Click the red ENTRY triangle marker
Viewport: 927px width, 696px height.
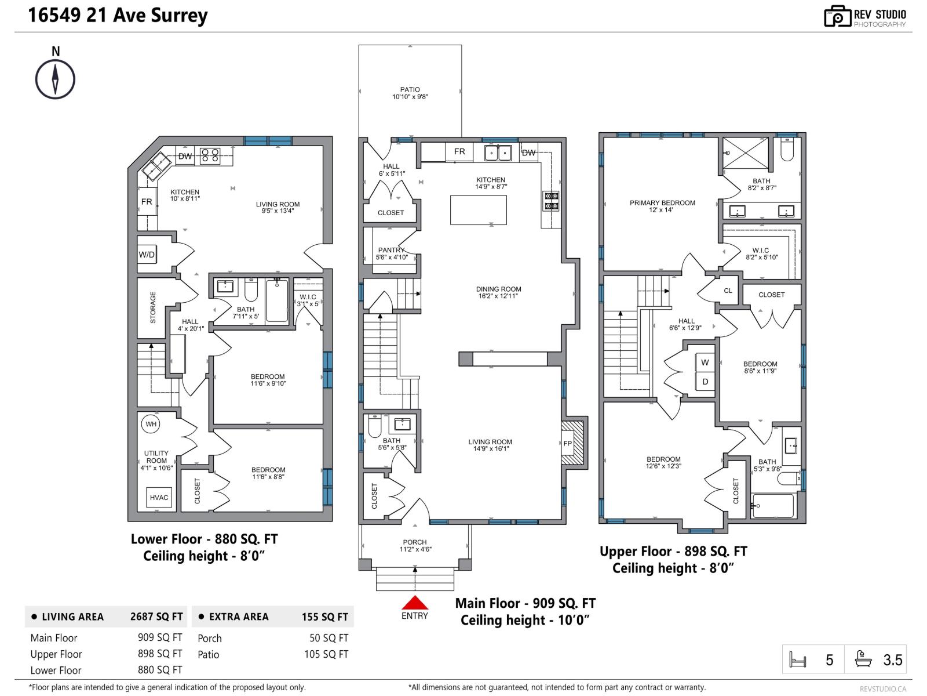point(415,603)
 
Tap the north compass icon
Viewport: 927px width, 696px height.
point(56,79)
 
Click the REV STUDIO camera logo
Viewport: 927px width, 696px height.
point(837,16)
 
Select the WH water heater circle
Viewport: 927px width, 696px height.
point(151,424)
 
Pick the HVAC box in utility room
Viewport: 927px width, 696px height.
point(159,498)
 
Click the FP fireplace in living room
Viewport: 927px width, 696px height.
point(568,444)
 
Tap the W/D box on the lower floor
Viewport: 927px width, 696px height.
point(147,255)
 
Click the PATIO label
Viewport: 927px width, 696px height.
point(410,90)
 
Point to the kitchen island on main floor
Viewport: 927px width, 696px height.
point(479,209)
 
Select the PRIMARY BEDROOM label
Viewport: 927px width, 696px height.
point(662,203)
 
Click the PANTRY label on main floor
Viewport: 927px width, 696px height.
point(391,250)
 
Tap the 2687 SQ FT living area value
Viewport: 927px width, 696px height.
point(156,617)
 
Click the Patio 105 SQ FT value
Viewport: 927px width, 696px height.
point(326,654)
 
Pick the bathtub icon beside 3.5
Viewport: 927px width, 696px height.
point(863,659)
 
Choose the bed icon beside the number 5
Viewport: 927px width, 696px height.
point(798,660)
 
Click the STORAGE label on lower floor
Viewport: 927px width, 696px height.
point(153,307)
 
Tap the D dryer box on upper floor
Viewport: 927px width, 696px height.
point(705,382)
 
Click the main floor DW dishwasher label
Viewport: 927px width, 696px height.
point(529,153)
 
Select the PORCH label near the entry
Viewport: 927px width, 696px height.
point(415,542)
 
